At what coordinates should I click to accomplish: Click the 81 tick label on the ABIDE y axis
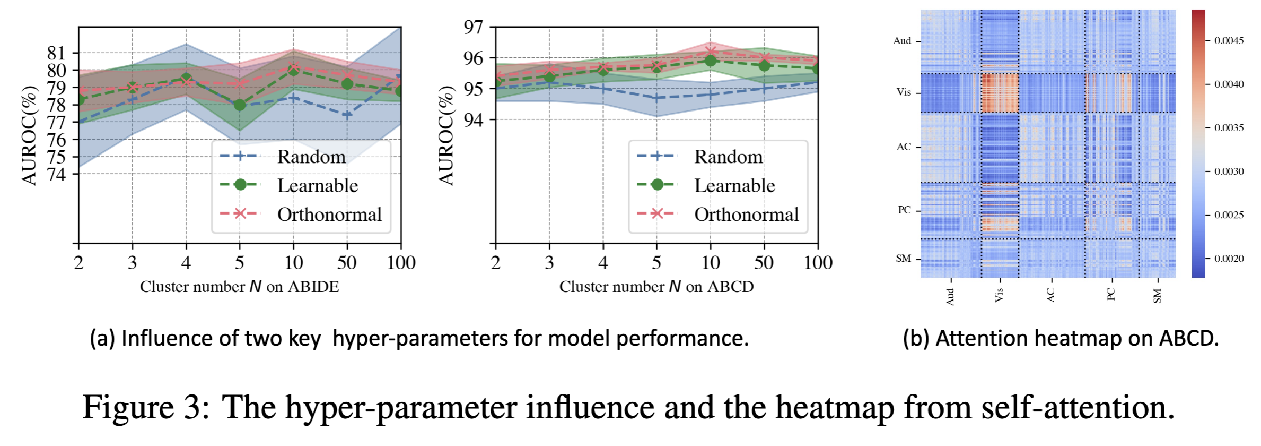click(56, 53)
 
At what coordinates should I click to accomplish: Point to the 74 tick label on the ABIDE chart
click(56, 174)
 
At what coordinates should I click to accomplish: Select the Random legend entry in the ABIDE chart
click(311, 157)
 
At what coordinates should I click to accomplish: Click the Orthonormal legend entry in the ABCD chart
click(746, 214)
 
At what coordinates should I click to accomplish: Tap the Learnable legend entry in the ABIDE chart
click(317, 185)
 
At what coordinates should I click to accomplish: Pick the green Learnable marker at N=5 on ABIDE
click(240, 105)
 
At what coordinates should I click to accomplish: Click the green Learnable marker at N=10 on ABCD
click(711, 61)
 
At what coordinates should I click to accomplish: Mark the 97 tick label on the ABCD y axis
click(473, 27)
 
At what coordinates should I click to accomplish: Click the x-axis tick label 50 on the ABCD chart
click(764, 262)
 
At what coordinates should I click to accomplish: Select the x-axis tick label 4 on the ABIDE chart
click(186, 262)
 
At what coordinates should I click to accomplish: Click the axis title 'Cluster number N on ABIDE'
click(239, 287)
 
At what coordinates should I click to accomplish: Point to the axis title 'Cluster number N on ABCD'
click(656, 287)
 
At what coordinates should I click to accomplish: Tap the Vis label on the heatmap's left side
click(904, 92)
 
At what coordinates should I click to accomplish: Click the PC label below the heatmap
click(1111, 294)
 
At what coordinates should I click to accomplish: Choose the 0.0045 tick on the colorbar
click(1229, 41)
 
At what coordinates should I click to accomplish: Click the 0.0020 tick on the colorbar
click(1229, 259)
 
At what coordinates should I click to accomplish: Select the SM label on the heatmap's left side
click(903, 259)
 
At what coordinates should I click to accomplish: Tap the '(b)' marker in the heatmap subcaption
click(916, 338)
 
